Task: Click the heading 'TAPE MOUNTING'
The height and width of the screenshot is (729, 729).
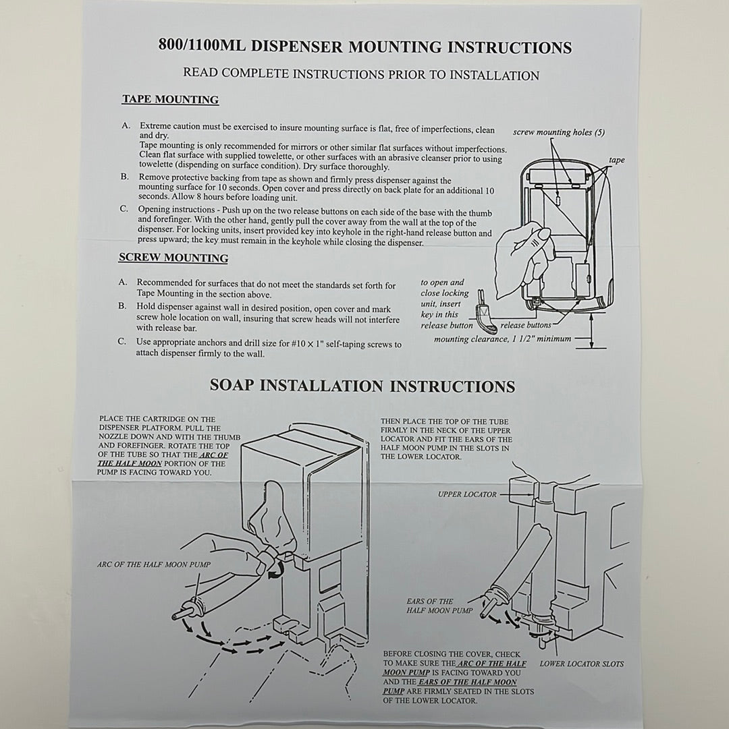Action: tap(170, 100)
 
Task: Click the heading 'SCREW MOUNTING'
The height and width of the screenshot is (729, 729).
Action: tap(173, 258)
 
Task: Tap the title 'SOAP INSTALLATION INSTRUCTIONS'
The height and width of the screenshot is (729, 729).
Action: tap(362, 386)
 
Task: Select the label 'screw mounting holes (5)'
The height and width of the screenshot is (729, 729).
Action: tap(559, 132)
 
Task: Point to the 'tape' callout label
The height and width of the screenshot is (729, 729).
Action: tap(616, 160)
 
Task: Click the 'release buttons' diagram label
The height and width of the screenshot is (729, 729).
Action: tap(525, 326)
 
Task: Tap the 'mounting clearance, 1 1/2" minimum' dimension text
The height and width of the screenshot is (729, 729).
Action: tap(502, 339)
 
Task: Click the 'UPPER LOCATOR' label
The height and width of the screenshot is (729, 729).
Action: tap(467, 494)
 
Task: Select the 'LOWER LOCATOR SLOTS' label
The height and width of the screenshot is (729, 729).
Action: tap(582, 664)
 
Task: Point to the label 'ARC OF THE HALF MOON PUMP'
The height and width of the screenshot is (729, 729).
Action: tap(154, 564)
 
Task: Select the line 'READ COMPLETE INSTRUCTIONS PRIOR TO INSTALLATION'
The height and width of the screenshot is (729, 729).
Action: tap(361, 75)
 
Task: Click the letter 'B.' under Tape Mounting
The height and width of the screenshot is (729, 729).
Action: tap(125, 177)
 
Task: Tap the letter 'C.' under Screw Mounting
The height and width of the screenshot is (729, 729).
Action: tap(122, 341)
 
